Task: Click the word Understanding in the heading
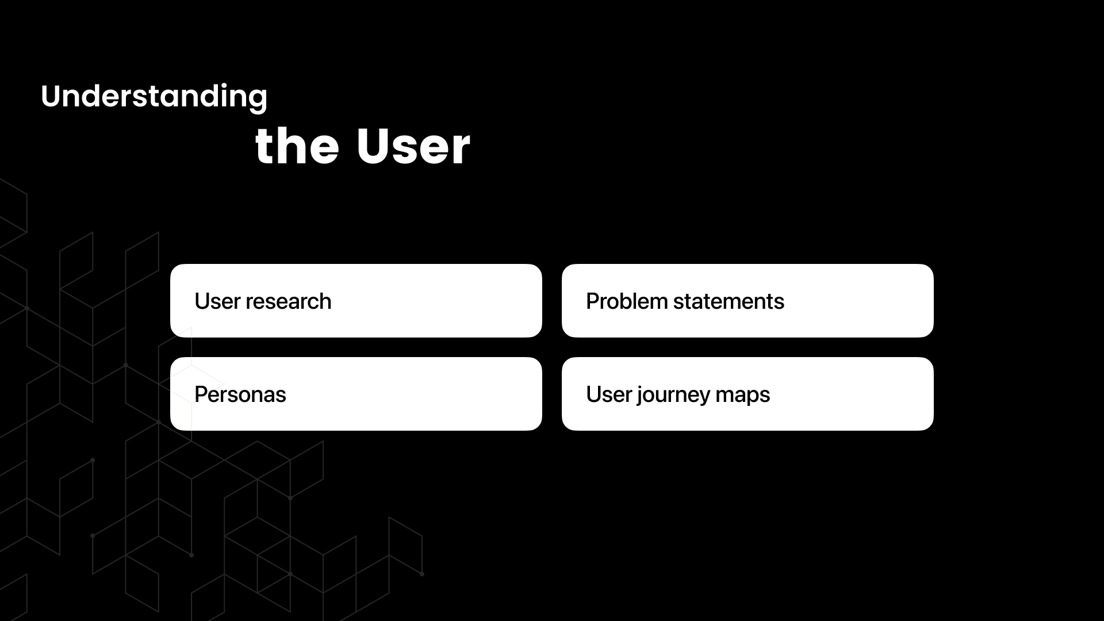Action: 154,97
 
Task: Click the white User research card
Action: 356,301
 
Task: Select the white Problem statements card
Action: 747,301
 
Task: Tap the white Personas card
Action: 356,394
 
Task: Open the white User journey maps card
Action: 747,394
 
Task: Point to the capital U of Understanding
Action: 51,97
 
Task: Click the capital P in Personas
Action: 202,394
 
